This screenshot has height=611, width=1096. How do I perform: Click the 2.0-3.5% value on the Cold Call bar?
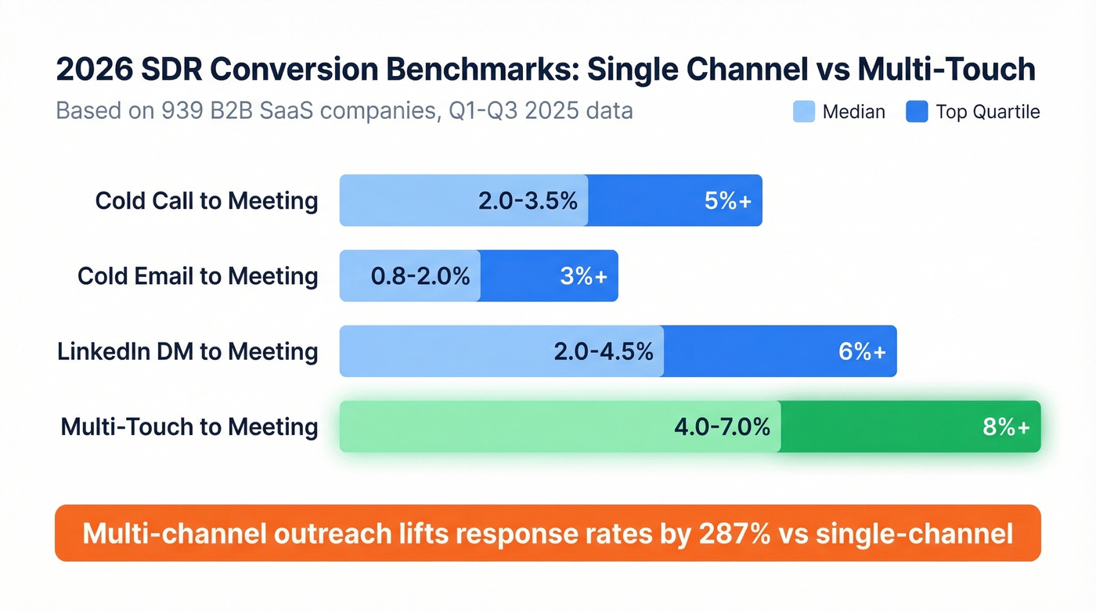point(528,201)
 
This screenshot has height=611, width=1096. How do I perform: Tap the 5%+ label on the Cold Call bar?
point(728,201)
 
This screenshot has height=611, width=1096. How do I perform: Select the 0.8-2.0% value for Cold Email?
point(420,276)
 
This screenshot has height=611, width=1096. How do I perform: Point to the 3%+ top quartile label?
point(584,276)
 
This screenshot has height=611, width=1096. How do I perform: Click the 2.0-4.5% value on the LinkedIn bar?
point(603,351)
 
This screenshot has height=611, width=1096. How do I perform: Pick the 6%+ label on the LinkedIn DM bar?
point(862,351)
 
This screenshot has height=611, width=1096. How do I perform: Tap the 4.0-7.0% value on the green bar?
point(722,427)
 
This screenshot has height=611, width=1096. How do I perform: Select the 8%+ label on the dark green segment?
point(1006,427)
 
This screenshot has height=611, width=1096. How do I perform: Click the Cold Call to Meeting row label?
point(207,201)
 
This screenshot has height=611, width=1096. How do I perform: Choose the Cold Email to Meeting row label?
point(197,276)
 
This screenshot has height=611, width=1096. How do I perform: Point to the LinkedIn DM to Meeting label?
point(188,351)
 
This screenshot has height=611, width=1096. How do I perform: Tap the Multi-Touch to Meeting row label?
point(189,427)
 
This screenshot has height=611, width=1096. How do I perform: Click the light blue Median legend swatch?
point(804,112)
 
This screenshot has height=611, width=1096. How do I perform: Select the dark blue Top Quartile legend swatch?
point(917,112)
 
